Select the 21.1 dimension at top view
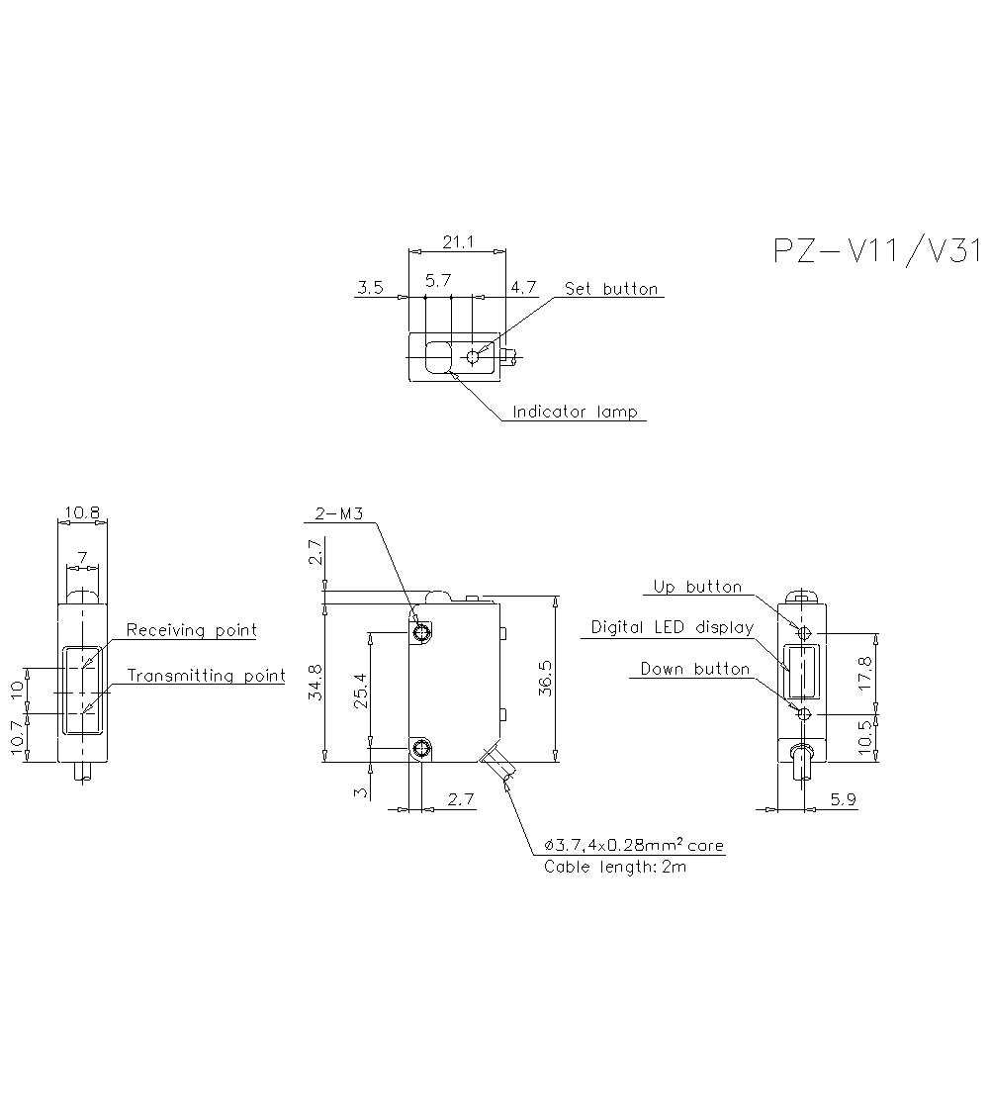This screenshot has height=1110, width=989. click(x=458, y=241)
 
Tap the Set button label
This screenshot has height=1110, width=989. click(x=610, y=289)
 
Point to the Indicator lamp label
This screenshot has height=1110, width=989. click(x=575, y=412)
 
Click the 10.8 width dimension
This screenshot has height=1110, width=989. click(x=81, y=512)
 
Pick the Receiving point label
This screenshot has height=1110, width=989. click(x=191, y=630)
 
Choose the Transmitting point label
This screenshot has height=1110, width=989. click(x=206, y=676)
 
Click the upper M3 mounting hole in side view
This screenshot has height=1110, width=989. click(x=422, y=633)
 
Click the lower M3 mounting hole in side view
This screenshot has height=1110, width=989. click(x=422, y=749)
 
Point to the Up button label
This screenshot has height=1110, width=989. click(x=696, y=587)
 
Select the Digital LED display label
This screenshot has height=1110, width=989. click(x=672, y=627)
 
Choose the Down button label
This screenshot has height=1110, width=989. click(x=694, y=669)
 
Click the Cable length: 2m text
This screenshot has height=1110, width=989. click(x=614, y=867)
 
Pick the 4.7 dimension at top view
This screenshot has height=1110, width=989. click(x=523, y=288)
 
